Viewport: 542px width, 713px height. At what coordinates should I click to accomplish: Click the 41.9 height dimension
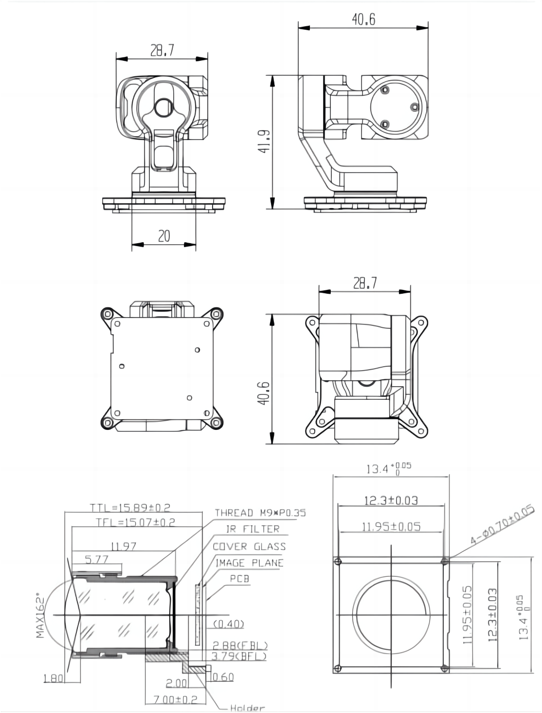(x=264, y=142)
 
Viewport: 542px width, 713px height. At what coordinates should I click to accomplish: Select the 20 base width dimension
(x=164, y=236)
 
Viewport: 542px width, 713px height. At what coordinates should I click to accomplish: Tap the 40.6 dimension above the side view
(x=363, y=19)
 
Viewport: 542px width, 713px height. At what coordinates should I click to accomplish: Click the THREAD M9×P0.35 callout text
(x=260, y=513)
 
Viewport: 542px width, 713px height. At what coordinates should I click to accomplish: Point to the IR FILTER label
(x=253, y=529)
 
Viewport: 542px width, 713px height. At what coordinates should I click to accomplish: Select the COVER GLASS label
(x=249, y=546)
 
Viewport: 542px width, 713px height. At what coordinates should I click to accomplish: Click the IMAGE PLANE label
(x=249, y=563)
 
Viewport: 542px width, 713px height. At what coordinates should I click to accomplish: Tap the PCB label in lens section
(x=239, y=579)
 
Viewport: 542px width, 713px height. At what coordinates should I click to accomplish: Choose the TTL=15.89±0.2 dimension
(x=130, y=507)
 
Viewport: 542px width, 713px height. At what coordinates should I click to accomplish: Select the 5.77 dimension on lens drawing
(x=96, y=560)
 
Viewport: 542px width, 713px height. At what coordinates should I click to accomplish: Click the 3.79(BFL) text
(x=239, y=657)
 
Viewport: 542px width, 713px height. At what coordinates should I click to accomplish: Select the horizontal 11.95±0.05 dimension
(x=391, y=526)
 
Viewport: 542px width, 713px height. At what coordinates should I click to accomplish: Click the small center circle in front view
(x=163, y=107)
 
